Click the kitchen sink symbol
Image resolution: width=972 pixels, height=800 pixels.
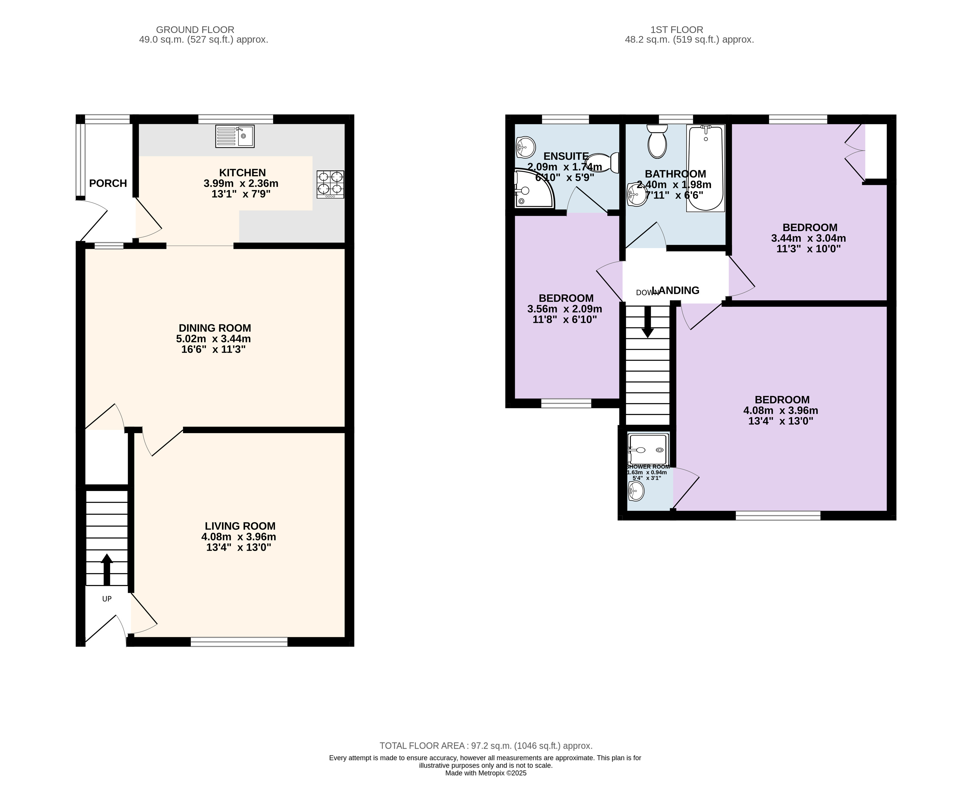click(x=234, y=136)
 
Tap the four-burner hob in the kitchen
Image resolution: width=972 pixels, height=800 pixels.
click(x=330, y=184)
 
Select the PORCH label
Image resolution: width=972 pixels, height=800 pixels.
click(x=108, y=183)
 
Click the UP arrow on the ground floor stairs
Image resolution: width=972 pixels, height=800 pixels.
click(x=106, y=569)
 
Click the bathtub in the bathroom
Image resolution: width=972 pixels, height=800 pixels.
click(x=706, y=168)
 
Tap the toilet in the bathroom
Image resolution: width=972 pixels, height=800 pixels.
click(x=657, y=141)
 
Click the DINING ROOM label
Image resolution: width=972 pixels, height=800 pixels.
click(x=215, y=328)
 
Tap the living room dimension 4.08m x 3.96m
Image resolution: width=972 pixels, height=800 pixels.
click(x=239, y=537)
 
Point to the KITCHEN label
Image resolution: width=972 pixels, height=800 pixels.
click(x=243, y=173)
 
